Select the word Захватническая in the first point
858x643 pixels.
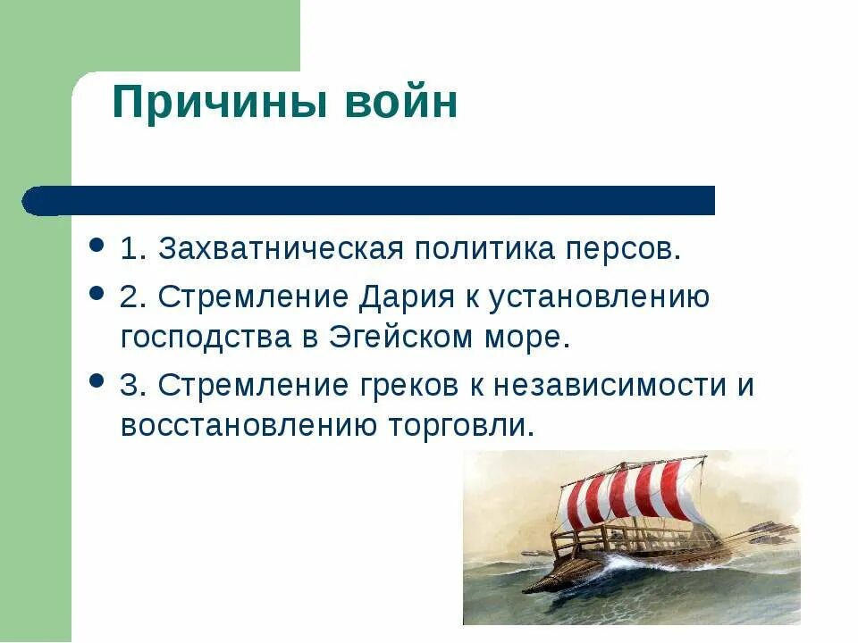click(x=277, y=250)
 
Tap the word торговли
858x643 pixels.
click(x=459, y=425)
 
